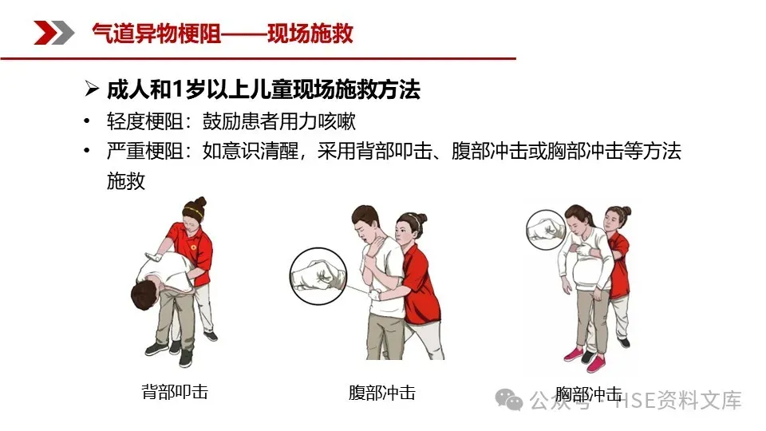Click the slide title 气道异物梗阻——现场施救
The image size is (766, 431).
coord(223,34)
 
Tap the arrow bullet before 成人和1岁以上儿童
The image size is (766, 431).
coord(91,89)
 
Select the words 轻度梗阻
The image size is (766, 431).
coord(145,121)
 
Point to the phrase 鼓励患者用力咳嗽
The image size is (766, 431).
coord(279,121)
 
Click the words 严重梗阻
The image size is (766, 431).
coord(145,151)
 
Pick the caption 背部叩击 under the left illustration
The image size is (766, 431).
coord(175,391)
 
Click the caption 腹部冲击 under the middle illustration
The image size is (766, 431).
coord(382,393)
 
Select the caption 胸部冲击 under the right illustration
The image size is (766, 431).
coord(589,393)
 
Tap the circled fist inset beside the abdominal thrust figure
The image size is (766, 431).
coord(318,276)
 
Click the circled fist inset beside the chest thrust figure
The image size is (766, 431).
coord(546,230)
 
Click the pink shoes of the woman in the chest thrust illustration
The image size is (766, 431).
coord(584,358)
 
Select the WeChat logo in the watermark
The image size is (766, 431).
coord(508,399)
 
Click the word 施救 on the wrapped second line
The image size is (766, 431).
coord(126,181)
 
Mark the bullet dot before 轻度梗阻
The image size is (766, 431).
coord(87,121)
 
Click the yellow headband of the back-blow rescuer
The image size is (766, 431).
coord(192,211)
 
